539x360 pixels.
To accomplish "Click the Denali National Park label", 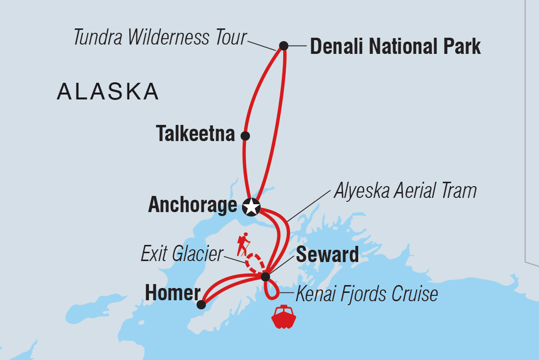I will click(x=395, y=47).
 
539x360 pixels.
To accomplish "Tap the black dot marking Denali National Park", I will click(x=283, y=46).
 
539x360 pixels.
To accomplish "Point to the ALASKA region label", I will click(x=108, y=92).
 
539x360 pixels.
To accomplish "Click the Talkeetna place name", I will click(x=196, y=134).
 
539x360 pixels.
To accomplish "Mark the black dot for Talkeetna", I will click(x=245, y=136).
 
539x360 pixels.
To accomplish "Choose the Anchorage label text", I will click(x=192, y=206).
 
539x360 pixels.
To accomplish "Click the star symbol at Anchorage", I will click(x=251, y=207).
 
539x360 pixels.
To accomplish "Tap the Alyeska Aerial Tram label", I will click(x=405, y=191).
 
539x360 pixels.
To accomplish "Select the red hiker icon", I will click(x=243, y=244).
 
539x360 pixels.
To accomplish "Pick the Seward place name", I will click(x=327, y=255).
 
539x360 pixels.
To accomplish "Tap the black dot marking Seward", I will click(x=265, y=277).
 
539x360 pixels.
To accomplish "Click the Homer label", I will click(x=172, y=293).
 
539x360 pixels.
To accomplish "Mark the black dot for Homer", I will click(x=201, y=305).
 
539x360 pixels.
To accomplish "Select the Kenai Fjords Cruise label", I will click(x=366, y=294).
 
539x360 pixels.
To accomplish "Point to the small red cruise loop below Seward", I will click(x=271, y=291).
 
